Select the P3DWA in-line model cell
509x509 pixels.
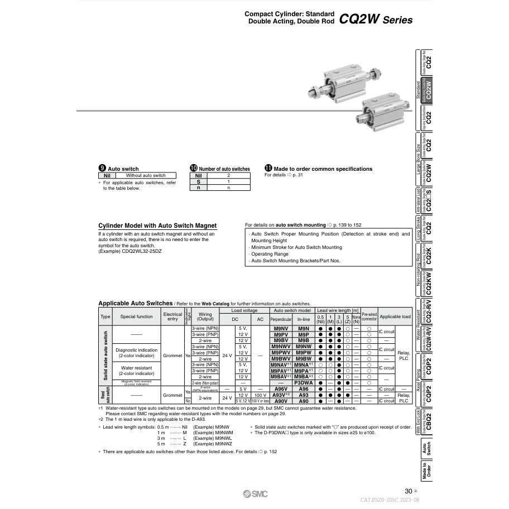[x=303, y=383]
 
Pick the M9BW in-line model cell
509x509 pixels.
[x=303, y=359]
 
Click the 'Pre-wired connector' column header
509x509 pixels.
[x=369, y=316]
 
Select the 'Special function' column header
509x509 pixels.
[x=136, y=316]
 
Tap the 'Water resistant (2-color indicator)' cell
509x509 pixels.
[x=136, y=371]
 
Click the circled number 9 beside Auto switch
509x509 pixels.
[x=102, y=169]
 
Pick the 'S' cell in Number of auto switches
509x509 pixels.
[x=198, y=181]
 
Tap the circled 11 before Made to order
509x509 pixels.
[x=268, y=169]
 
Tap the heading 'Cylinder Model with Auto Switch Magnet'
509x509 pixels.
[x=157, y=225]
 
